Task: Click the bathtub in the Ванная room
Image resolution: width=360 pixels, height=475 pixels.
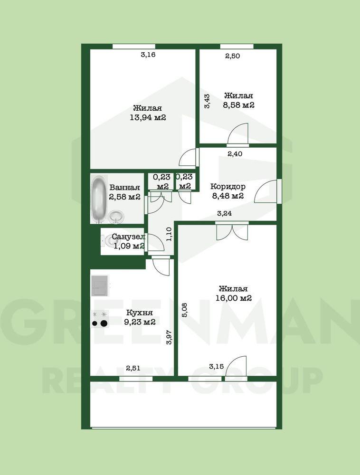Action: [99, 199]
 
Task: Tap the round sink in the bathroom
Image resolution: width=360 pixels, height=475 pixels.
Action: [116, 217]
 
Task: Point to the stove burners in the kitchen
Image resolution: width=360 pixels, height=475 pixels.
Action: [100, 319]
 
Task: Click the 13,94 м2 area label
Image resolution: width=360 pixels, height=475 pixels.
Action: [148, 117]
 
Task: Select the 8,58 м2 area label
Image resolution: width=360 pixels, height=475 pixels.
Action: [238, 105]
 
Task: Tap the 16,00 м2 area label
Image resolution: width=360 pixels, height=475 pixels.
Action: [234, 298]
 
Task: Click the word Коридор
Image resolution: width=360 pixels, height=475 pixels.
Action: [227, 186]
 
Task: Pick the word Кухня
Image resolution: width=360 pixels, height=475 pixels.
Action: [139, 313]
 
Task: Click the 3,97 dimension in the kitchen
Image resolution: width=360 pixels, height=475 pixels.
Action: [170, 337]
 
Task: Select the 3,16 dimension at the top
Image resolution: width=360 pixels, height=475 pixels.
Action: [148, 55]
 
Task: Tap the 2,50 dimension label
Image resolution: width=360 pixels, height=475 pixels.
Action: [233, 56]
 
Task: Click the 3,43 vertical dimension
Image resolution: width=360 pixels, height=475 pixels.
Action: [207, 101]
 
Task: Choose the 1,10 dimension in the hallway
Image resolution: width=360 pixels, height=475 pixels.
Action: [169, 234]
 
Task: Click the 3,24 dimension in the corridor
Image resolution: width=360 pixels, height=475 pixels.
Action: [225, 213]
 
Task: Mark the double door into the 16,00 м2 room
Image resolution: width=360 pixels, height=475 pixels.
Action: [232, 232]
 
